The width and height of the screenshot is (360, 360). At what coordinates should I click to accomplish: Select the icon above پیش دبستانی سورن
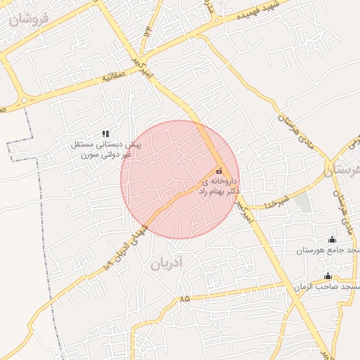point(105,133)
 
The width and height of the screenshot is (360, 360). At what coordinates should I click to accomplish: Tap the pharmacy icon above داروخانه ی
point(219,171)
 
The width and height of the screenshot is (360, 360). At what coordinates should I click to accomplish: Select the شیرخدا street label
point(278,203)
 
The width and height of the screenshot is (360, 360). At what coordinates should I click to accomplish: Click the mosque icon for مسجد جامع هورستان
point(332,239)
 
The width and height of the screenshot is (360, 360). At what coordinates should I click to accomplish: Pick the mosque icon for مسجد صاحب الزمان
point(327,276)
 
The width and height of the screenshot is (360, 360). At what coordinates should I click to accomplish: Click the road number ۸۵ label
point(184,299)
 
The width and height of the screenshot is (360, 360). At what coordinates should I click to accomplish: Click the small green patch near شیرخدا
point(302,202)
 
